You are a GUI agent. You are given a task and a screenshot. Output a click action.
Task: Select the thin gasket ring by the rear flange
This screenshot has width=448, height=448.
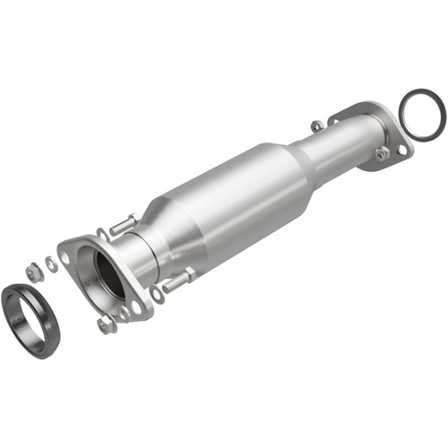[421, 115]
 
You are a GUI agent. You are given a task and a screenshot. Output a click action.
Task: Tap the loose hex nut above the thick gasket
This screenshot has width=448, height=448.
[33, 267]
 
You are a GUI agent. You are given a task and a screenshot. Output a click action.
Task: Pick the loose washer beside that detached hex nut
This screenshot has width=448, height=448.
[51, 263]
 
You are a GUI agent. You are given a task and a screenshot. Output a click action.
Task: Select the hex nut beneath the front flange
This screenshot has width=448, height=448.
[107, 324]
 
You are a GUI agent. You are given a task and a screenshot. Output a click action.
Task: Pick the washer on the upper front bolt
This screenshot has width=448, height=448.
[102, 236]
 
